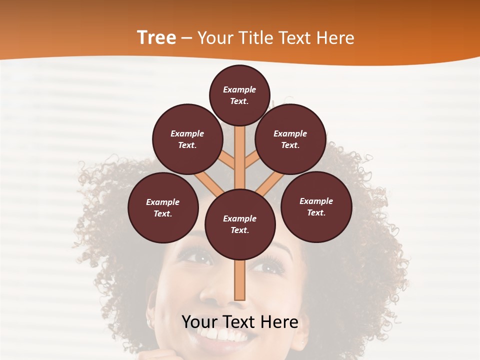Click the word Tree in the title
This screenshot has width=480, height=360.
coord(156,38)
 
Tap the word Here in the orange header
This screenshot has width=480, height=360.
coord(335,38)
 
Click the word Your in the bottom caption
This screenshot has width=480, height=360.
coord(201,322)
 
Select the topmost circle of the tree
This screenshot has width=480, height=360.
coord(239,95)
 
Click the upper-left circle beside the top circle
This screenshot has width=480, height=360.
coord(187,139)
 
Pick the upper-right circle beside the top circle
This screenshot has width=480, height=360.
coord(290,139)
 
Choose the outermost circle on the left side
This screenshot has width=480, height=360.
coord(163,207)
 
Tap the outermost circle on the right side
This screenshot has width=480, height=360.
coord(316,206)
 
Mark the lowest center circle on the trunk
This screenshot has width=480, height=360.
coord(240,224)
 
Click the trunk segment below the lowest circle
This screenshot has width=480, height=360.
coord(240,280)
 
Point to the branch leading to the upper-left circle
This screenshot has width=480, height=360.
coord(226,161)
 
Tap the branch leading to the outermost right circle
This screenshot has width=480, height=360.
coord(269,183)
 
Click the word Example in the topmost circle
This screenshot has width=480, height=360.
coord(239,89)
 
